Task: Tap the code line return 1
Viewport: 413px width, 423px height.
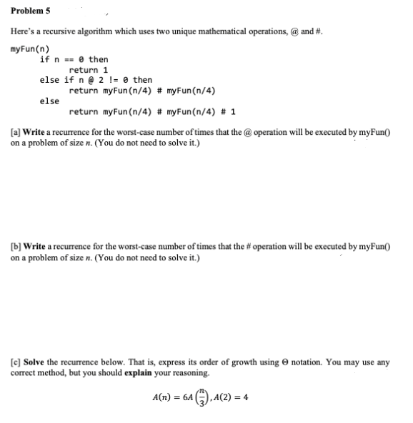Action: tap(89, 70)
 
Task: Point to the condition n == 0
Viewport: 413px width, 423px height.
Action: tap(68, 59)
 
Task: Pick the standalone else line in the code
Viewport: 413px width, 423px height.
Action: tap(49, 101)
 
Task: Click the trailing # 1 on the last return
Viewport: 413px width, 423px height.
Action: tap(230, 112)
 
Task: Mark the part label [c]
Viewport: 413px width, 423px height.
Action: tap(16, 362)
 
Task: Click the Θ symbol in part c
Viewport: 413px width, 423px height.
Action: tap(288, 362)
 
